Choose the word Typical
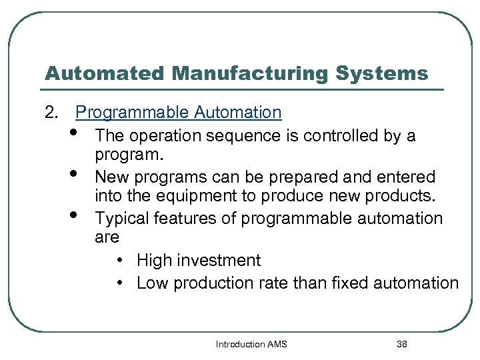[121, 218]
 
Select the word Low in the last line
[151, 283]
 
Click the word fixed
[341, 283]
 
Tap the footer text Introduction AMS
[251, 345]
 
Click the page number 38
[401, 345]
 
